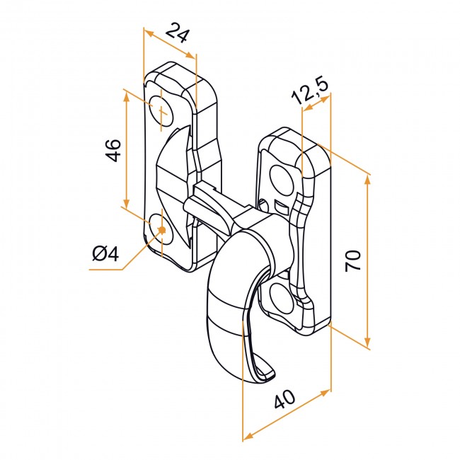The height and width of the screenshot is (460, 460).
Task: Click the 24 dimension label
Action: tap(177, 33)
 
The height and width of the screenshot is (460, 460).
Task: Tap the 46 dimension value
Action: tap(113, 150)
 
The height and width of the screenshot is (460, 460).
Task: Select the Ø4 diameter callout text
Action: tap(105, 253)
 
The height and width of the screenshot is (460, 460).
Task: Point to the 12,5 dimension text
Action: tap(309, 91)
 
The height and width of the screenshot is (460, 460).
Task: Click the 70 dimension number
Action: tap(352, 261)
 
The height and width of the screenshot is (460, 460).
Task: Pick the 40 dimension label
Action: tap(284, 399)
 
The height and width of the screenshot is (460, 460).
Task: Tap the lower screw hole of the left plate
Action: tap(161, 229)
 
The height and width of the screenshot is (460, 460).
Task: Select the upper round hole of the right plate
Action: tap(282, 180)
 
